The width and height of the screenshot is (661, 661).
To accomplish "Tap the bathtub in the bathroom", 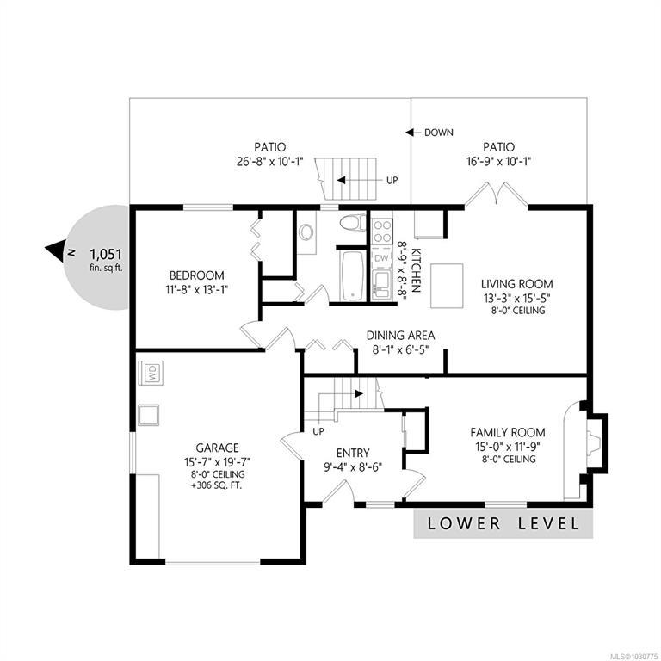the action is [x=352, y=276].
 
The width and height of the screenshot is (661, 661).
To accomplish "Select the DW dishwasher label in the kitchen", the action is [x=381, y=258].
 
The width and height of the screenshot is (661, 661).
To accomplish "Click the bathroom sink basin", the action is [x=306, y=232].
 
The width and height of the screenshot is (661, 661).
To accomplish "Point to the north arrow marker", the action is [x=55, y=250].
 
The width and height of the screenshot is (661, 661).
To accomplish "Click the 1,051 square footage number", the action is [x=106, y=254].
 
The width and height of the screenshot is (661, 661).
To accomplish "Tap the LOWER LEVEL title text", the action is [x=503, y=523].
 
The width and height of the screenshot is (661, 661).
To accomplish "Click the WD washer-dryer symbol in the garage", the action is [x=151, y=372].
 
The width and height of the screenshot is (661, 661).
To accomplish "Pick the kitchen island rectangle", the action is [x=447, y=286].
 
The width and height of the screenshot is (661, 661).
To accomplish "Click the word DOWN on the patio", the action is [x=439, y=133].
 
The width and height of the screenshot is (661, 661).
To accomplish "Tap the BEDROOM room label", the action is [x=197, y=275].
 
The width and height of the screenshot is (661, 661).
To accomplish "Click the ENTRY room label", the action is [x=353, y=454].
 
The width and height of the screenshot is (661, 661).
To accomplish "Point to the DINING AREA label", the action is [x=400, y=336].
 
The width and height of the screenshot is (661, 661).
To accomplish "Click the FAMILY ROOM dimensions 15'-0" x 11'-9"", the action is [x=508, y=446].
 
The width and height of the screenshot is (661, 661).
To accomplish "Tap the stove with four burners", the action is [x=382, y=231].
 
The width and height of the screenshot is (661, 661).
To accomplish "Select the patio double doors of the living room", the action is [x=497, y=194].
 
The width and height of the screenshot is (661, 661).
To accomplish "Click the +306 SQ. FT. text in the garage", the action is [x=217, y=485].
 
